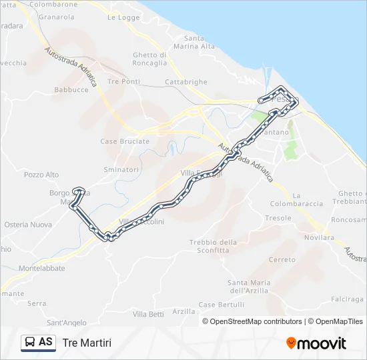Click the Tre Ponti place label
pyautogui.click(x=123, y=81)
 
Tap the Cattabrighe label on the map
pyautogui.click(x=186, y=82)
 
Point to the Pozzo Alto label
pyautogui.click(x=41, y=175)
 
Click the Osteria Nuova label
pyautogui.click(x=28, y=225)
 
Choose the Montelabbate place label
pyautogui.click(x=42, y=268)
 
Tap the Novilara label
pyautogui.click(x=318, y=237)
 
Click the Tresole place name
pyautogui.click(x=278, y=218)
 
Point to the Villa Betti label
pyautogui.click(x=148, y=314)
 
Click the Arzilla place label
pyautogui.click(x=183, y=311)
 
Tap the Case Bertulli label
pyautogui.click(x=222, y=305)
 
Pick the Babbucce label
pyautogui.click(x=71, y=89)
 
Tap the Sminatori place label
pyautogui.click(x=121, y=170)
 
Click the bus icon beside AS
pyautogui.click(x=31, y=342)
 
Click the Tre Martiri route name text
pyautogui.click(x=87, y=343)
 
